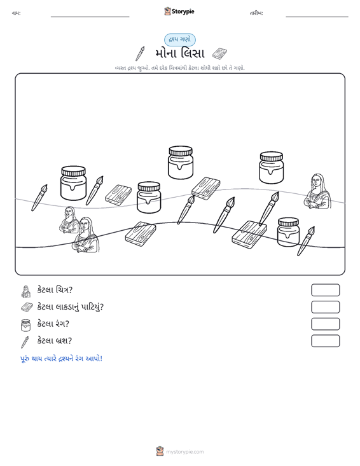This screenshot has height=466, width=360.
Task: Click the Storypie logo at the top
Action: pos(179,11)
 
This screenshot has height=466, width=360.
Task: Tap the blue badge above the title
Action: pos(180,39)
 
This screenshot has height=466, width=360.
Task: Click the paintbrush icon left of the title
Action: pos(140,53)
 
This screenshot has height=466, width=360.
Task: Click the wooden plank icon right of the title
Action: pos(219,53)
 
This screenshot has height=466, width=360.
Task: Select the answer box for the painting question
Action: pos(325,290)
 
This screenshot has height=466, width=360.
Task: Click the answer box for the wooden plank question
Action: pos(325,307)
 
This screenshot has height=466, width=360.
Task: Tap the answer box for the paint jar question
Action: pos(325,324)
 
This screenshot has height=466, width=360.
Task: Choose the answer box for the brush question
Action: pos(325,341)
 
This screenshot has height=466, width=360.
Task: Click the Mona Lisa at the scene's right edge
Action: pos(317,191)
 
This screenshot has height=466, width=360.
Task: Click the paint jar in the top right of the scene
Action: pos(271,168)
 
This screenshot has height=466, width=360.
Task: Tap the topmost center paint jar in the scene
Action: pos(181,162)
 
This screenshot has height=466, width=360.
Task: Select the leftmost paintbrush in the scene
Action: pos(39,198)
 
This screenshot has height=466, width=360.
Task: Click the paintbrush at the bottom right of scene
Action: pos(306,241)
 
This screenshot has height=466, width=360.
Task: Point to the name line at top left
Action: pos(90,17)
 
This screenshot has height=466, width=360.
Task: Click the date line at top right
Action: pos(317,17)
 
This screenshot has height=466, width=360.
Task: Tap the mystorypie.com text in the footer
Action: pos(184,452)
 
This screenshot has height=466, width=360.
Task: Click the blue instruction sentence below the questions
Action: pos(61,359)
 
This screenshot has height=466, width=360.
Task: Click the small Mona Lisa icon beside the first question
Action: pos(26,292)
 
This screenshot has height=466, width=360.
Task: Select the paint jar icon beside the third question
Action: pos(25,325)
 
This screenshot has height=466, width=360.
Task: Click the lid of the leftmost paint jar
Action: pos(73,171)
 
